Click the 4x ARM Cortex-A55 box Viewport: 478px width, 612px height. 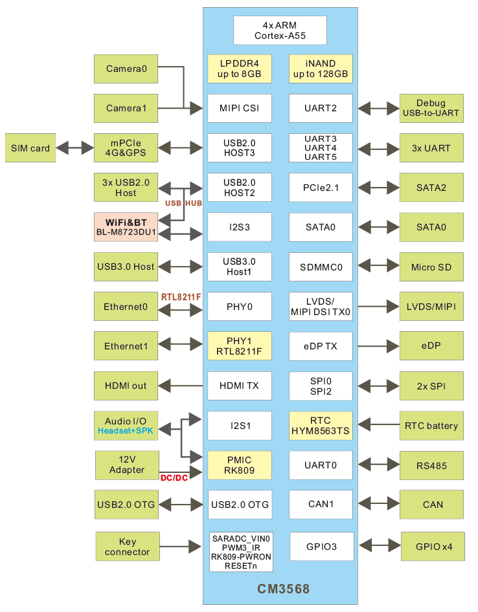coord(280,30)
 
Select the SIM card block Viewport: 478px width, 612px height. coord(30,148)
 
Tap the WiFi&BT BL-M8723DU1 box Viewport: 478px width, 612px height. coord(126,227)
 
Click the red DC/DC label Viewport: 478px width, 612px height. coord(173,477)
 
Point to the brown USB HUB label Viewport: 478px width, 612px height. coord(183,203)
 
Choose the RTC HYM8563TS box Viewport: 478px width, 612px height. coord(321,425)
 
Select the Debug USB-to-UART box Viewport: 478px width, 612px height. coord(431,108)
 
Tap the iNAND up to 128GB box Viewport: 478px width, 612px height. coord(321,69)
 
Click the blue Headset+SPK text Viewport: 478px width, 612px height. coord(126,430)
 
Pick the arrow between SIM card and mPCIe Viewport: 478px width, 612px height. coord(74,148)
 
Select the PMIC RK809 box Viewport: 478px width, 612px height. coord(239,464)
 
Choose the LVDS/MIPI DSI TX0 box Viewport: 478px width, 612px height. coord(321,307)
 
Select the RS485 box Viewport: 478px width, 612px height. coord(432,465)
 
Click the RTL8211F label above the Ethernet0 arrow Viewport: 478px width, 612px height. coord(181,297)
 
